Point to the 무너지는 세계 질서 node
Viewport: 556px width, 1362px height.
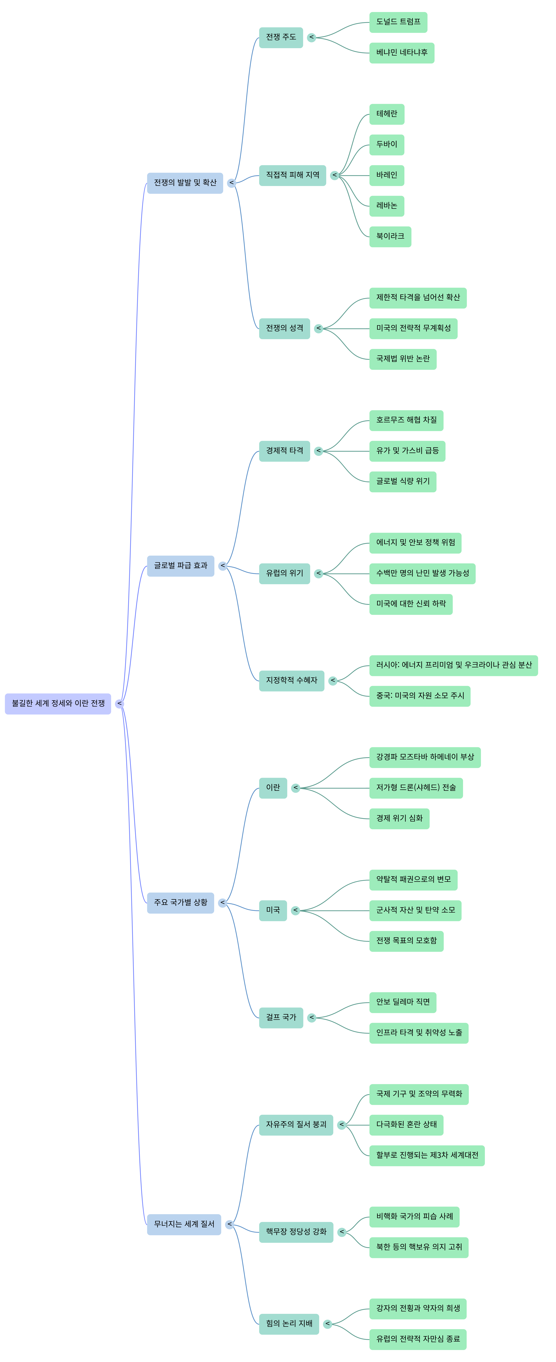click(x=184, y=1224)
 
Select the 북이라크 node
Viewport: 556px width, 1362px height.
click(x=390, y=236)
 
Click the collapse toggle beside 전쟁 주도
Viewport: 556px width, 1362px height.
click(x=312, y=38)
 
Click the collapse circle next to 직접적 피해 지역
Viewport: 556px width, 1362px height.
click(x=334, y=175)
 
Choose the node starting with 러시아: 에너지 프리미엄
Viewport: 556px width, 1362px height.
click(x=453, y=665)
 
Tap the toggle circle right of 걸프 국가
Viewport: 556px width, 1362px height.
click(x=312, y=1017)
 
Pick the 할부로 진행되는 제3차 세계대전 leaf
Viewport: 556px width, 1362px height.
click(x=426, y=1155)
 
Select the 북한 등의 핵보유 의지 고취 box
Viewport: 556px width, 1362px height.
click(x=418, y=1247)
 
